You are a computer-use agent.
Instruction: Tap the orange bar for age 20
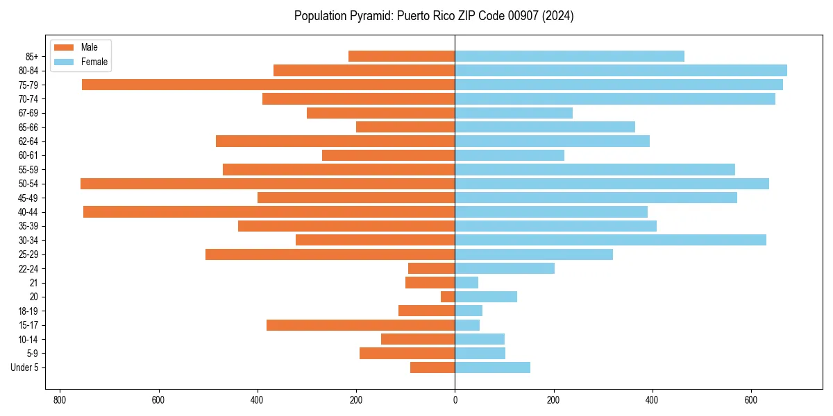click(448, 297)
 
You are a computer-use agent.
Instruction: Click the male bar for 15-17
click(360, 325)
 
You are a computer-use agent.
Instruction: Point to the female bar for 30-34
click(610, 240)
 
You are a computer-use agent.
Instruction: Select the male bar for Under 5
click(432, 367)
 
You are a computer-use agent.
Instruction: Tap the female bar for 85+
click(569, 56)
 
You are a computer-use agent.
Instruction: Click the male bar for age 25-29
click(330, 254)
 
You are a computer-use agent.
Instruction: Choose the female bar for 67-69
click(514, 113)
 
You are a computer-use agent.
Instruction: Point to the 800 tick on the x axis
click(59, 400)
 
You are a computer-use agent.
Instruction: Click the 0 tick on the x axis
click(455, 400)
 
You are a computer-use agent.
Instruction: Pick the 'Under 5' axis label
click(25, 367)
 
